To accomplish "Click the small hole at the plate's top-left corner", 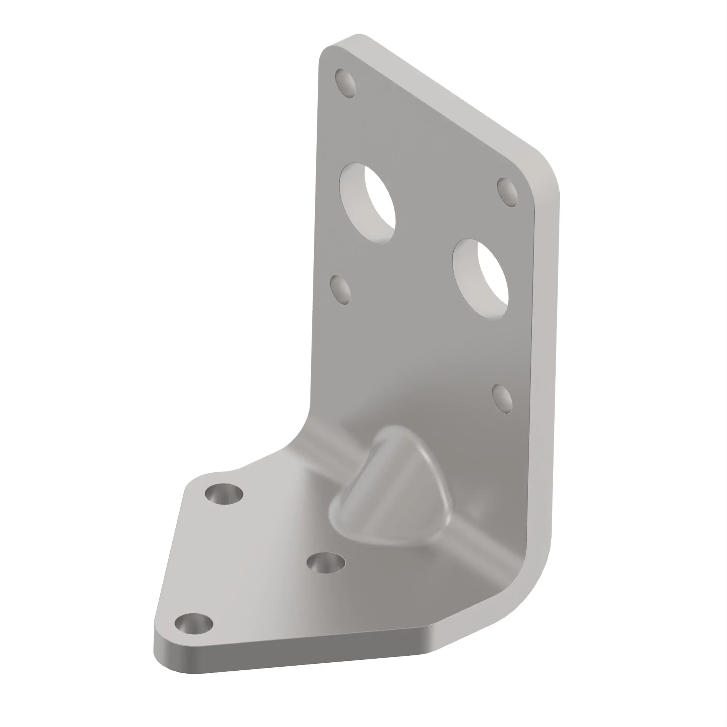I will click(x=346, y=83).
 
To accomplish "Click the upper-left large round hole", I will click(x=367, y=203).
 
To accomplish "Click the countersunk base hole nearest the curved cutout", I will click(x=224, y=494).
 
